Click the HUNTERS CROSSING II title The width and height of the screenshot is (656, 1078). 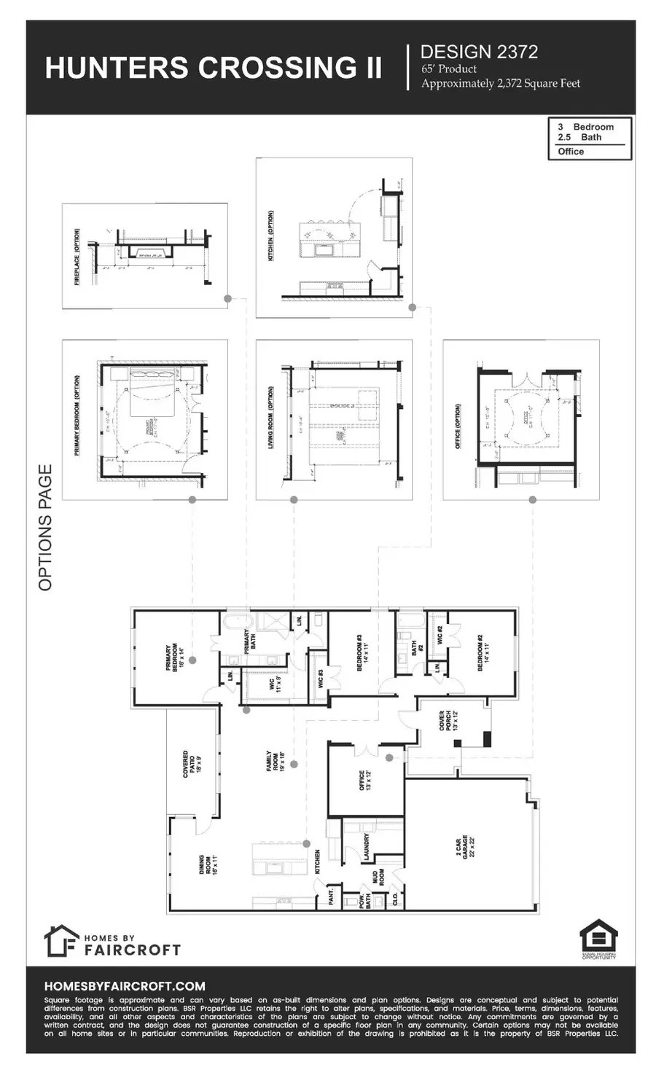click(213, 67)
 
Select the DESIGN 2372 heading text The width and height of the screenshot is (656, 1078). click(479, 52)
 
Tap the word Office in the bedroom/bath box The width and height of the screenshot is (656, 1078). click(571, 152)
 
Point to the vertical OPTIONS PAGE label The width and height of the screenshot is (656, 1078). click(45, 528)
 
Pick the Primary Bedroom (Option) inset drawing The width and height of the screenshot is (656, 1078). click(145, 419)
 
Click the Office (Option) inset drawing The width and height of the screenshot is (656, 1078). click(520, 419)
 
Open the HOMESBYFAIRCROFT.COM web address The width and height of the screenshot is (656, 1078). click(125, 985)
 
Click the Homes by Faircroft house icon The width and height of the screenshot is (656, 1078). click(60, 941)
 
